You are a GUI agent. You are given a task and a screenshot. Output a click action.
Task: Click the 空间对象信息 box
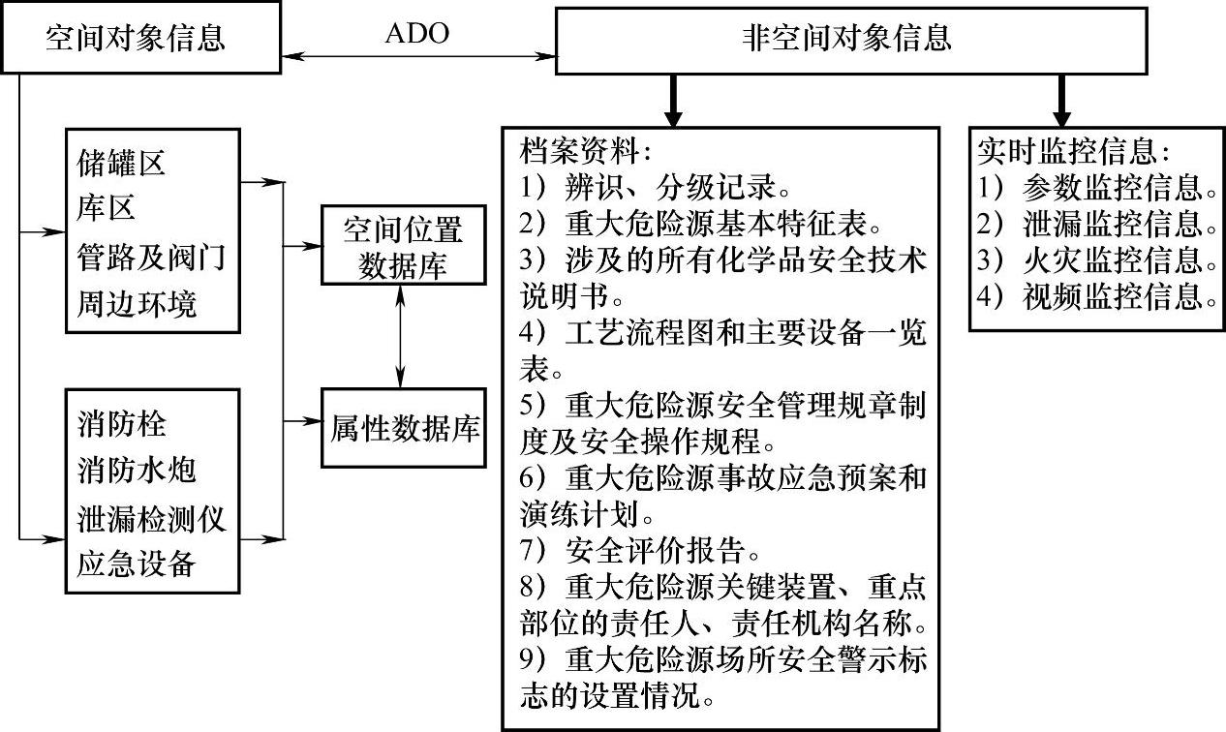pyautogui.click(x=136, y=38)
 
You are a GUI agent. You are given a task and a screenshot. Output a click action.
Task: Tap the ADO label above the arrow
pyautogui.click(x=416, y=34)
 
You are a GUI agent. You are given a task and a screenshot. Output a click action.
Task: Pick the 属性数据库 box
pyautogui.click(x=405, y=428)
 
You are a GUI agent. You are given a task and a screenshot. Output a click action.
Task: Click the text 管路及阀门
pyautogui.click(x=151, y=259)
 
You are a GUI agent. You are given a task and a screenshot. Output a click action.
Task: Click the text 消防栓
pyautogui.click(x=121, y=424)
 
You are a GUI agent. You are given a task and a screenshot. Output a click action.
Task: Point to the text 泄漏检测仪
pyautogui.click(x=151, y=518)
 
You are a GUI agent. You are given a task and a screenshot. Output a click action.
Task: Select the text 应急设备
pyautogui.click(x=137, y=564)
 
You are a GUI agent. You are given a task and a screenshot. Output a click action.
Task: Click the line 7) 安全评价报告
pyautogui.click(x=639, y=552)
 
